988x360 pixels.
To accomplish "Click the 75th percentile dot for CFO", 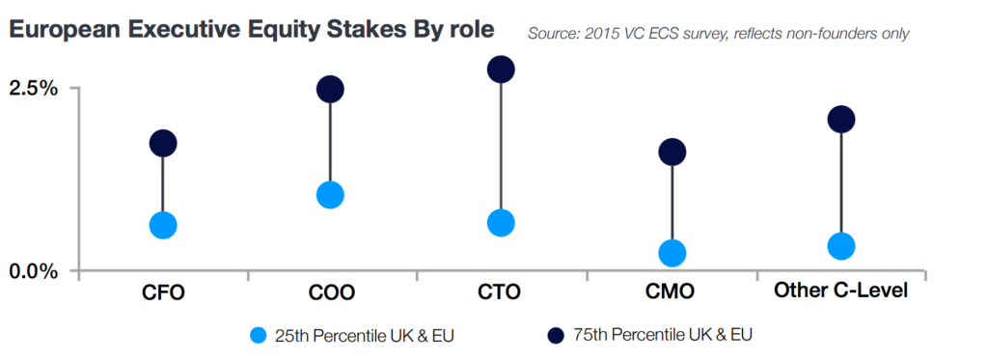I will (163, 144).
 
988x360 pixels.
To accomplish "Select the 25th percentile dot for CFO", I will (163, 225).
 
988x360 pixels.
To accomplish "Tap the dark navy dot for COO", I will (330, 90).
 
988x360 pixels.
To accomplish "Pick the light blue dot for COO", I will (330, 195).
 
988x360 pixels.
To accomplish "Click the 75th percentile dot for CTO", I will (501, 69).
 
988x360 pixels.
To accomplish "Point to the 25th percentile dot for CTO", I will (501, 223).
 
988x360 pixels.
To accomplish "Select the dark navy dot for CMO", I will (672, 152).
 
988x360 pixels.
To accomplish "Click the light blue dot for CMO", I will (672, 253).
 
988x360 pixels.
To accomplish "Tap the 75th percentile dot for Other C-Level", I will (841, 120).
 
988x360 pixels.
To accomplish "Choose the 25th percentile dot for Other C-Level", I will (841, 246).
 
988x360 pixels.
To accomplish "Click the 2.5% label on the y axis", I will (34, 88).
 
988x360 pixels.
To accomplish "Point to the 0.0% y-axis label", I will (34, 270).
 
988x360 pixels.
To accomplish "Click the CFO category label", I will (163, 291).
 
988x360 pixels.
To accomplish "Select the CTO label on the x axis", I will (501, 291).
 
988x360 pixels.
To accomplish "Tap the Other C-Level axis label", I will (841, 290).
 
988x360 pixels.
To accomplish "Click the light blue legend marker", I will (257, 335).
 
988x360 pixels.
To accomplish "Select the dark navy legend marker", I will (554, 335).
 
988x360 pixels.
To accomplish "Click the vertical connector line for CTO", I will (501, 145).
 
